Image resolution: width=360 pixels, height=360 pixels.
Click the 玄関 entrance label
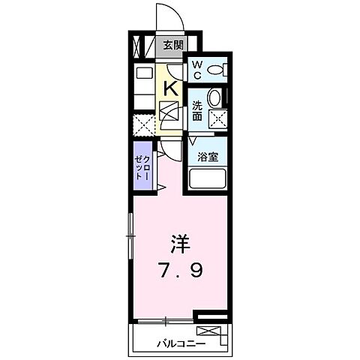click(173, 45)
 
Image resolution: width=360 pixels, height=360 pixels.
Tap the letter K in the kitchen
click(171, 88)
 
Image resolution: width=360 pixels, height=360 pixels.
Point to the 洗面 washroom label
click(196, 109)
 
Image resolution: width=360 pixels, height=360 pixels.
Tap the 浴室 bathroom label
click(207, 157)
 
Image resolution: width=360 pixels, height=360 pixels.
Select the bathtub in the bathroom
click(208, 179)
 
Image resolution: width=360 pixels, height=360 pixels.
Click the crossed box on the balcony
click(209, 331)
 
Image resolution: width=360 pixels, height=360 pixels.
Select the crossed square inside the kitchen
click(170, 114)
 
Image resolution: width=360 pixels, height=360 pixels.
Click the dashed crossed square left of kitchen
click(144, 125)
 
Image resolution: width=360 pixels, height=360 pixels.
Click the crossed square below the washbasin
click(217, 118)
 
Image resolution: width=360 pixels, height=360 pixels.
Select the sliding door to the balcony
click(163, 320)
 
